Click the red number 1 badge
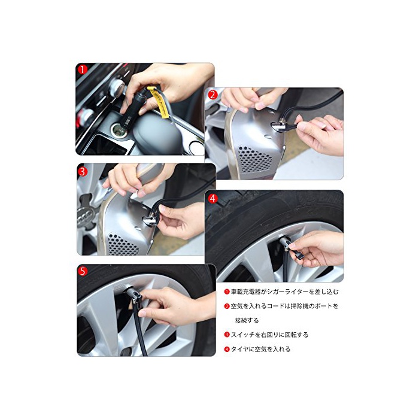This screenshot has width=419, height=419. (83, 69)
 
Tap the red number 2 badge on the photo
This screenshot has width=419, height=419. (213, 95)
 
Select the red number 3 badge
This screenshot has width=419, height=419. (83, 171)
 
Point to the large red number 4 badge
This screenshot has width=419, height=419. (213, 198)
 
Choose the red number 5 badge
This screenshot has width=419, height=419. (83, 271)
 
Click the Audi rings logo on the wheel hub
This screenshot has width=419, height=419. (86, 214)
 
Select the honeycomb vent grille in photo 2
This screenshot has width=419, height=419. (254, 160)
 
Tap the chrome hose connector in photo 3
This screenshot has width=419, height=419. (151, 219)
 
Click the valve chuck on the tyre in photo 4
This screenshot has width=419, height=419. (286, 243)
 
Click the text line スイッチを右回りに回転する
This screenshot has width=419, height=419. (269, 335)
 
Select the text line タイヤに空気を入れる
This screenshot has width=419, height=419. (260, 349)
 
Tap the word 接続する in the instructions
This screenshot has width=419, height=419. (247, 320)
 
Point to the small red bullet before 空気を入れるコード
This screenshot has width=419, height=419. (227, 306)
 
